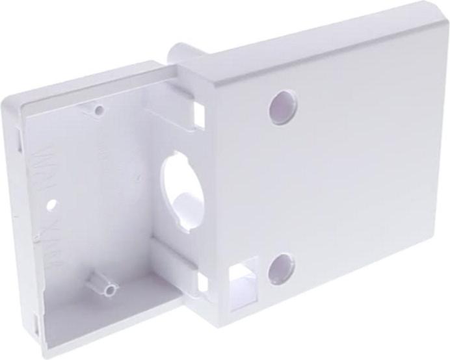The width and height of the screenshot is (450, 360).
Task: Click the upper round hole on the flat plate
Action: pyautogui.click(x=283, y=108)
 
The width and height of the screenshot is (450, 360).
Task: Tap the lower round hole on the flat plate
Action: pyautogui.click(x=281, y=268)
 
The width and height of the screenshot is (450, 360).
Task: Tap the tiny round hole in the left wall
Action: pyautogui.click(x=51, y=203)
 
